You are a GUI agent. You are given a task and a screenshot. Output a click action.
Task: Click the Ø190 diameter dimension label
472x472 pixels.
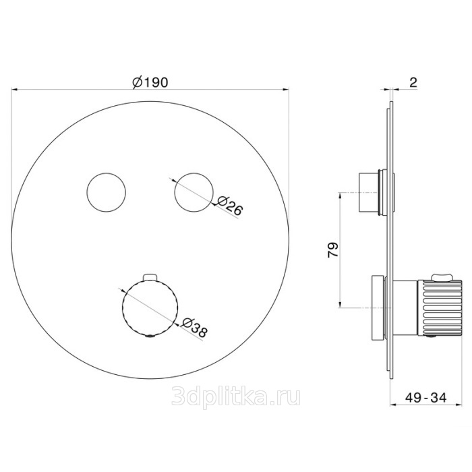tap(150, 82)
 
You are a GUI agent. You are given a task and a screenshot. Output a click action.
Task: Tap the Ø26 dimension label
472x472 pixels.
tap(229, 206)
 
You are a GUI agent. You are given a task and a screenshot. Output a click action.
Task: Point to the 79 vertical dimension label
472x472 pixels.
tap(333, 249)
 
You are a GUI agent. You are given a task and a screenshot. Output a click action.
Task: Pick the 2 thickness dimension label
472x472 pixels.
tap(413, 82)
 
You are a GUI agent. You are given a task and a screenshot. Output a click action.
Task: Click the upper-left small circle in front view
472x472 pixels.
tap(106, 193)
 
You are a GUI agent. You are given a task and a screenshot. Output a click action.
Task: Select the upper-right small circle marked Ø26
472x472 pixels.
tap(194, 193)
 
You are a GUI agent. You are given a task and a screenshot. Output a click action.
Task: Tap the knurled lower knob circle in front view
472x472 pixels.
tap(150, 308)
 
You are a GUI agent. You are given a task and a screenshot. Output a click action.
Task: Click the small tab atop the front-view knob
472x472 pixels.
tap(150, 276)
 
